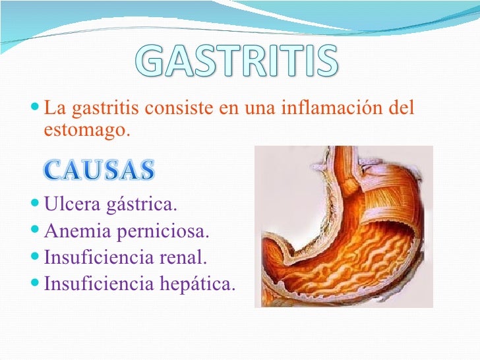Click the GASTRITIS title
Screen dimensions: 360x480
pyautogui.click(x=239, y=63)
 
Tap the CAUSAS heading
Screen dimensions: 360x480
pyautogui.click(x=100, y=170)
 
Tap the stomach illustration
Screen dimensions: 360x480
pyautogui.click(x=343, y=227)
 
